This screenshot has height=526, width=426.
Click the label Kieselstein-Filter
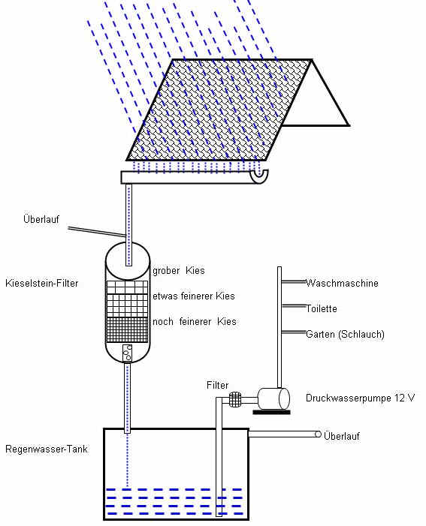pos(41,283)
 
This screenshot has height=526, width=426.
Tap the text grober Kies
pos(178,270)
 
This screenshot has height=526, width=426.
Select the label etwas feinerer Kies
pos(194,296)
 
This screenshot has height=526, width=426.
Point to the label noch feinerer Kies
pos(194,321)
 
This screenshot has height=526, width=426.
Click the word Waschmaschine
pos(342,283)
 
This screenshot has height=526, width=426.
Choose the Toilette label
pos(322,308)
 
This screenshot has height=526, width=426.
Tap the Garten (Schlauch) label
pos(345,334)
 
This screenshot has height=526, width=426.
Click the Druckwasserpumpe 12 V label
pos(360,398)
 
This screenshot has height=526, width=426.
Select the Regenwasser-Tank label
pos(47,449)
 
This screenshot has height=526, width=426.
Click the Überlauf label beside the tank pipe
pos(342,436)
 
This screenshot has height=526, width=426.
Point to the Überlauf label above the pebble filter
pos(41,219)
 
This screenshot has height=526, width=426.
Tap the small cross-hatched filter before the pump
pos(235,399)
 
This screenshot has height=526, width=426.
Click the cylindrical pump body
pos(273,399)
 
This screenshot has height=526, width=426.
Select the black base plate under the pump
pos(271,412)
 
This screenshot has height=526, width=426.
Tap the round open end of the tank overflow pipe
pos(318,434)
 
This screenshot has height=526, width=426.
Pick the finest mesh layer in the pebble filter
pos(127,330)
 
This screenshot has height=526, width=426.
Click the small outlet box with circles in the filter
pos(127,353)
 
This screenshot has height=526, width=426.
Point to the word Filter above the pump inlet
pos(217,385)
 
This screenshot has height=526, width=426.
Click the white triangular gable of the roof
pos(318,101)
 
